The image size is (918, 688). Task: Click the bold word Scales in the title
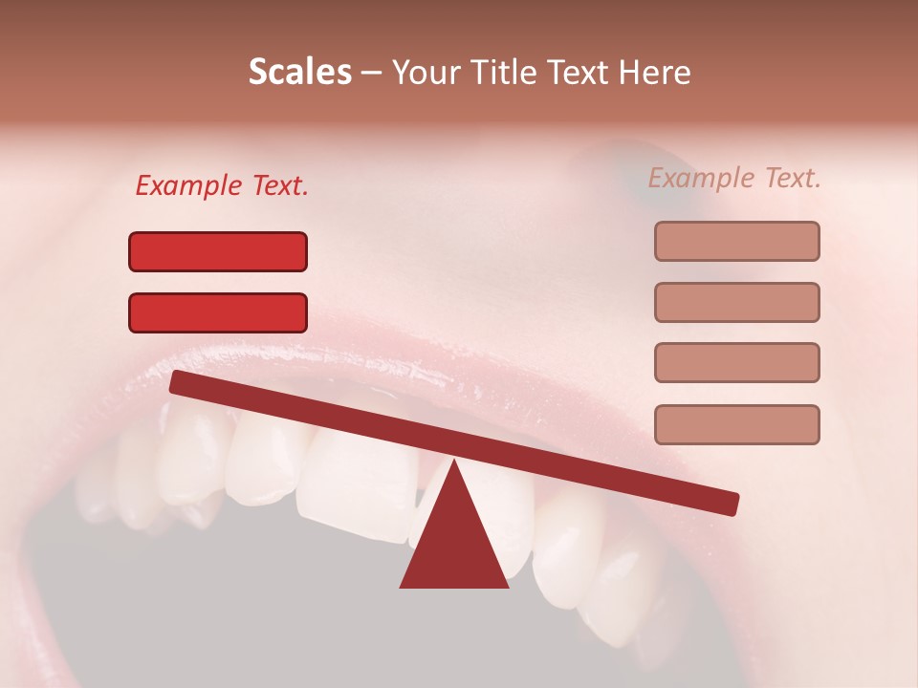pos(299,73)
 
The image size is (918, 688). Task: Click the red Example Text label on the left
pos(222,186)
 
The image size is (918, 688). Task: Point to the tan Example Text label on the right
pos(734,178)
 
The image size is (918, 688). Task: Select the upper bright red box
pos(218,251)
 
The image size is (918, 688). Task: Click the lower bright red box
pos(218,312)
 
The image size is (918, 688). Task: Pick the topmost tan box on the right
pos(736,241)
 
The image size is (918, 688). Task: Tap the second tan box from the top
pos(736,302)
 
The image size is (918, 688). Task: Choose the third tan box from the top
pos(736,363)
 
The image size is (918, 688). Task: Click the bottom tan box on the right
pos(736,424)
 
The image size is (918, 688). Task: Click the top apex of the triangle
pos(454,462)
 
